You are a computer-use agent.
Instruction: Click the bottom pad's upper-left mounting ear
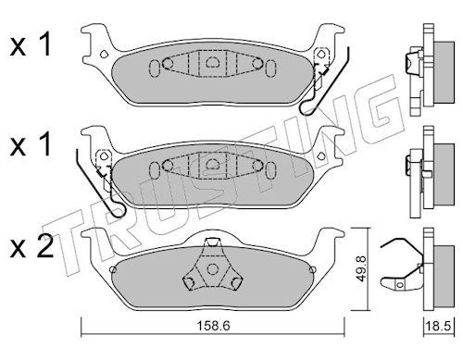point(94,239)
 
